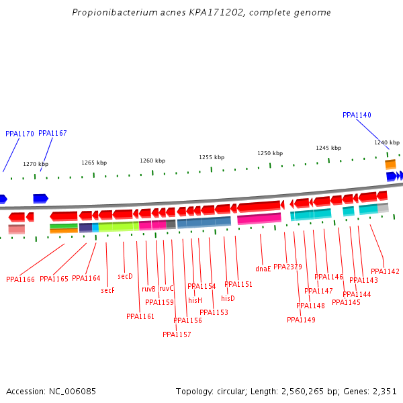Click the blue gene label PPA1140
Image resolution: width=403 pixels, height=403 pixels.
(x=357, y=116)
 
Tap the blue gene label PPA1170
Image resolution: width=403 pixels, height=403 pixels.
(x=19, y=134)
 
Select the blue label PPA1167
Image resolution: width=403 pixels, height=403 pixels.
(x=52, y=134)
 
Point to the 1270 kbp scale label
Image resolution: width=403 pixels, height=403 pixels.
(x=36, y=164)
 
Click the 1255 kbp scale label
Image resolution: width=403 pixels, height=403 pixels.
(x=212, y=157)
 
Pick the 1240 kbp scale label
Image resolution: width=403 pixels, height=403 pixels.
(x=387, y=142)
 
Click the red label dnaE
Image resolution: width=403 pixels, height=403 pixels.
(x=263, y=269)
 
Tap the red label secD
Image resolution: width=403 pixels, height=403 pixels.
(x=126, y=276)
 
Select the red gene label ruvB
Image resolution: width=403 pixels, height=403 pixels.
(x=148, y=289)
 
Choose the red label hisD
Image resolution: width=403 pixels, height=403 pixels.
(x=228, y=298)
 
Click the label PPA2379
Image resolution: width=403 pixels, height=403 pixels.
(x=287, y=267)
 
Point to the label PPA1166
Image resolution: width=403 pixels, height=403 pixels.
(x=20, y=279)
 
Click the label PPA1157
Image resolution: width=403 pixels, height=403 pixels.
(x=177, y=334)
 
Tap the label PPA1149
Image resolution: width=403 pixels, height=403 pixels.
(x=301, y=320)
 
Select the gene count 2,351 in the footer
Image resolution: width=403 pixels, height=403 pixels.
(x=384, y=391)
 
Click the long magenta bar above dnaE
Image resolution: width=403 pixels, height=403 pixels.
(x=259, y=219)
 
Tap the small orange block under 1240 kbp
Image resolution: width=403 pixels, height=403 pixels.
(x=390, y=164)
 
